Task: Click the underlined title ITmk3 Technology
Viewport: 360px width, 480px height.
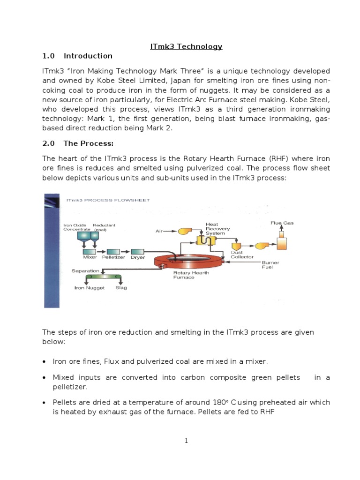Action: [x=186, y=46]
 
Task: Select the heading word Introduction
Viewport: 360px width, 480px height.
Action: [x=88, y=56]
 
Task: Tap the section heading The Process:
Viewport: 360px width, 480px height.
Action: [x=89, y=143]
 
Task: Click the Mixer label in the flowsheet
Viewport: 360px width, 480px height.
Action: [x=90, y=257]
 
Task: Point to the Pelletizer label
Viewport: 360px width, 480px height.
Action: [x=113, y=257]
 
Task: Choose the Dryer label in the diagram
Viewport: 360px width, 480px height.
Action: [x=138, y=257]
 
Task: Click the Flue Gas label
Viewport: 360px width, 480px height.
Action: [x=282, y=223]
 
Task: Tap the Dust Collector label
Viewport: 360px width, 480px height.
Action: [x=242, y=255]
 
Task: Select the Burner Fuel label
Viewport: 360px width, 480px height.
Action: [x=270, y=265]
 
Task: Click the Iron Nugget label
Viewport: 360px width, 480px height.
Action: [x=90, y=288]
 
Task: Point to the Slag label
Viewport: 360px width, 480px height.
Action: [x=121, y=288]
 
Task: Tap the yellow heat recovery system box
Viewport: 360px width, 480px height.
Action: [x=206, y=240]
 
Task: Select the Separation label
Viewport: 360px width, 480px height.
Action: [x=85, y=271]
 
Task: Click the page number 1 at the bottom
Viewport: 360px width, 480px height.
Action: [x=186, y=441]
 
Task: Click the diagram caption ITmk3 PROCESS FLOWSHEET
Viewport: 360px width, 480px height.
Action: [x=108, y=200]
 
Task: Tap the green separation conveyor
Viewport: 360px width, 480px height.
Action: [x=103, y=277]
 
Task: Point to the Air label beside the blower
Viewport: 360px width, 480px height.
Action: [x=159, y=231]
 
